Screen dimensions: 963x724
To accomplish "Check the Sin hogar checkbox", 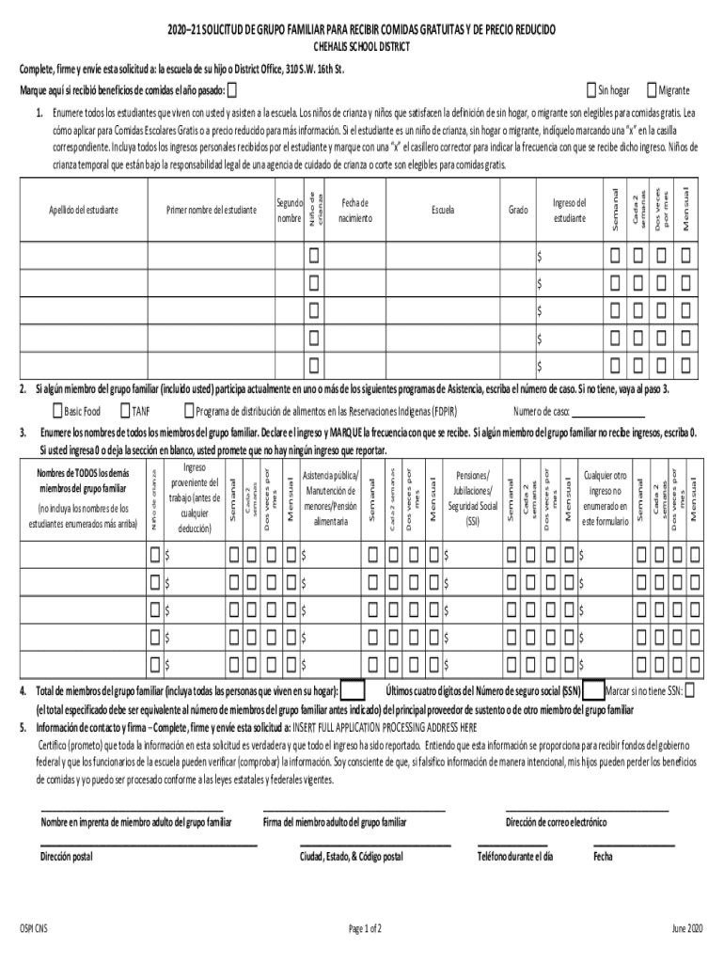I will (x=591, y=90).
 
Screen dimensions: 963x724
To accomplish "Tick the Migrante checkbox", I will (x=652, y=90).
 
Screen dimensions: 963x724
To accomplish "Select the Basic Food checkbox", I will (x=56, y=411).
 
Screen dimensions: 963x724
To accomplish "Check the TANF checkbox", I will (x=125, y=411).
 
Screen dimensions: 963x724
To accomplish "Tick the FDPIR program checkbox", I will (x=188, y=411).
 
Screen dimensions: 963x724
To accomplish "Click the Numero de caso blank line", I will (x=608, y=412).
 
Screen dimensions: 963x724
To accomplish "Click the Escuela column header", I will (x=443, y=210).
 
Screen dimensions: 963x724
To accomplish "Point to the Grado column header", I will (x=517, y=210).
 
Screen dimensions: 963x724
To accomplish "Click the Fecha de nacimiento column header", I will (x=355, y=210).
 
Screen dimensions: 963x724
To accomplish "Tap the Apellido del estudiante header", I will (x=84, y=210).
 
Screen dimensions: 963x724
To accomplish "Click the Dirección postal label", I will (x=67, y=857).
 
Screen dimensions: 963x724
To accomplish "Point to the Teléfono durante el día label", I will (x=515, y=857).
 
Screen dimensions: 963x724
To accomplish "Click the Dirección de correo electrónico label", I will (x=557, y=822).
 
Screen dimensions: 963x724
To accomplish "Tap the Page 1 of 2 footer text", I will (x=365, y=929).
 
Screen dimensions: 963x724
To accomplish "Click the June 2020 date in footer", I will (x=686, y=929).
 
